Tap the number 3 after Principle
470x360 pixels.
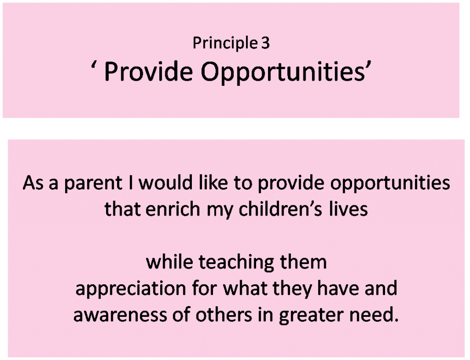click(265, 43)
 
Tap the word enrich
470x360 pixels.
click(173, 208)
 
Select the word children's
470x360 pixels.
click(280, 208)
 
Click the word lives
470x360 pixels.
click(348, 208)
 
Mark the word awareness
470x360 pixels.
click(120, 315)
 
